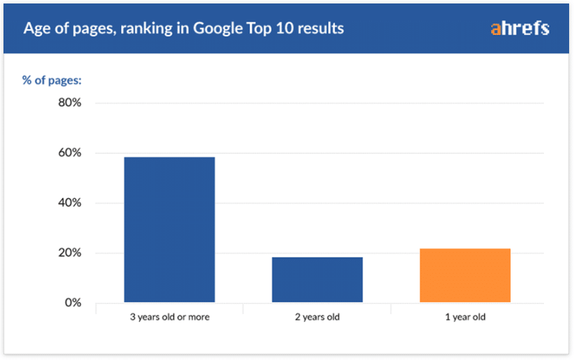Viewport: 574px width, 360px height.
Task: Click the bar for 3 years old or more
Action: click(x=169, y=230)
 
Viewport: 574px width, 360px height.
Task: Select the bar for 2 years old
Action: click(x=317, y=280)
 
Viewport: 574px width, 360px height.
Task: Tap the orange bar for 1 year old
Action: click(x=465, y=276)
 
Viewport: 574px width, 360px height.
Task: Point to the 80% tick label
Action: click(x=68, y=103)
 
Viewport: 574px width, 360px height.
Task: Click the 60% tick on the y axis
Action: click(x=68, y=153)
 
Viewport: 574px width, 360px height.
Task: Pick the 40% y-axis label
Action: click(x=68, y=203)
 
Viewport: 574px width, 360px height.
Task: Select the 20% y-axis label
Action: click(x=68, y=253)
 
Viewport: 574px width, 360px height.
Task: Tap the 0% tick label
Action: click(x=72, y=304)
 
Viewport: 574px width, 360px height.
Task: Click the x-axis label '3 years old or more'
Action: click(x=169, y=318)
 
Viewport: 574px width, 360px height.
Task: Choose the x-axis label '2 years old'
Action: click(x=317, y=318)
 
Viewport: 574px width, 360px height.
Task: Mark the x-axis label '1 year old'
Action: click(x=465, y=318)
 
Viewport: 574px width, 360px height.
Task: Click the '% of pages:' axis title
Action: click(x=52, y=80)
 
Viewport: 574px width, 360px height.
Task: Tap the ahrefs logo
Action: click(x=520, y=29)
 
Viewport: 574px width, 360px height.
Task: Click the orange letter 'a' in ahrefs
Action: click(x=495, y=29)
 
